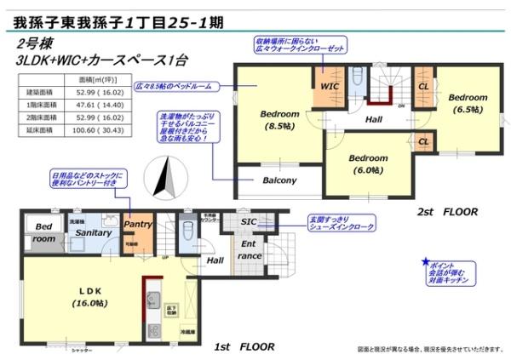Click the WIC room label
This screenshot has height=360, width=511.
tap(330, 87)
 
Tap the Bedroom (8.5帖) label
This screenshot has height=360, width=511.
tap(278, 120)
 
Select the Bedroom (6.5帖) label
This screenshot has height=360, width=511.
tap(468, 103)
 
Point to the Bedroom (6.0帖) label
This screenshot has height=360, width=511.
tap(368, 163)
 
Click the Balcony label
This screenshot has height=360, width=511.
tap(278, 180)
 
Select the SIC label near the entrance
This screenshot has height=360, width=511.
tap(249, 222)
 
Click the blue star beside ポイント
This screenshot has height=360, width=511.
tap(424, 262)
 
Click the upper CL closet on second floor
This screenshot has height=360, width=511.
tap(423, 86)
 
